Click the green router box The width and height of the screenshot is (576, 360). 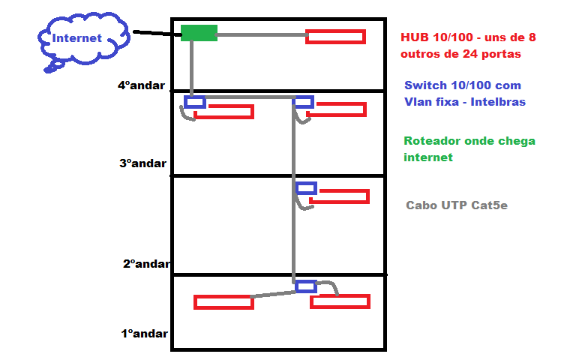tap(199, 33)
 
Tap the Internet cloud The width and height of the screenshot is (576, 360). tap(79, 39)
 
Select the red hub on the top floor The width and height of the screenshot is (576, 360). tap(335, 37)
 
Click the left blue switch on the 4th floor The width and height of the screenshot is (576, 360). tap(195, 102)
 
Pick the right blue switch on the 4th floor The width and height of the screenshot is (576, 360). tap(304, 102)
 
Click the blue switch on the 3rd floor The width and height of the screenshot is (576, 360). tap(306, 187)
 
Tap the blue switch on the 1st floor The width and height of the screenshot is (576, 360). tap(306, 286)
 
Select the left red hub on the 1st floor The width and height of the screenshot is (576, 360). tap(223, 302)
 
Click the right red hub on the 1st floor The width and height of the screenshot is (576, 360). tap(340, 301)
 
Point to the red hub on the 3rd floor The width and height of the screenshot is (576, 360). tap(339, 196)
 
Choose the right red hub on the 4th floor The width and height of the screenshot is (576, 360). tap(337, 109)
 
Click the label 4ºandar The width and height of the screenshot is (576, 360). tap(140, 85)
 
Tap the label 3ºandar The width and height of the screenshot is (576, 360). tap(142, 163)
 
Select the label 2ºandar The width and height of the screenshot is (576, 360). tap(146, 263)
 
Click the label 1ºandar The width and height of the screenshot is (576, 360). tap(144, 334)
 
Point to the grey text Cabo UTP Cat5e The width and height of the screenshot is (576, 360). tap(456, 205)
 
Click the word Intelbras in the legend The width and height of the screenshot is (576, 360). tap(498, 101)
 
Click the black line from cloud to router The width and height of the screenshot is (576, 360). tap(156, 33)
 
